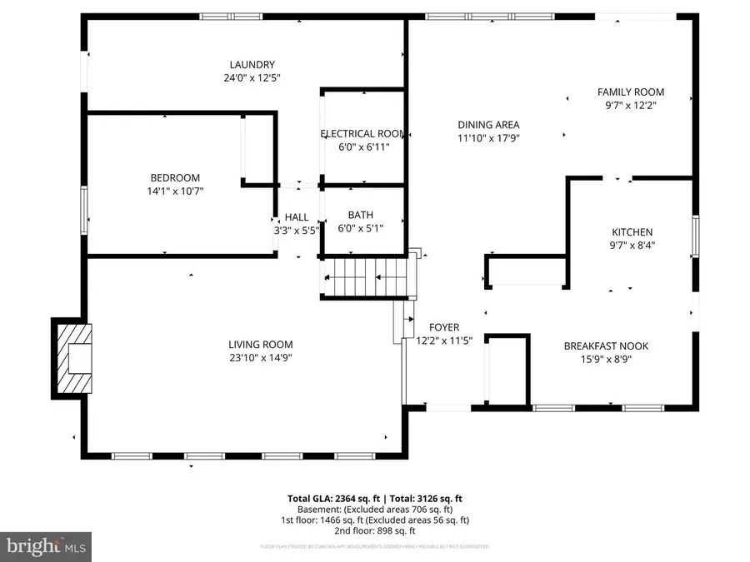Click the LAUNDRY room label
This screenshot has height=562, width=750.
252,65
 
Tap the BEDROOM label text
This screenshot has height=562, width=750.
175,177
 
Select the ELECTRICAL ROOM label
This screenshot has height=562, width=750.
362,133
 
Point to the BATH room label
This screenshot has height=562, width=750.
361,214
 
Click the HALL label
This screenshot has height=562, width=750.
297,216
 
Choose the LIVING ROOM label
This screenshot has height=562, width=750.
261,345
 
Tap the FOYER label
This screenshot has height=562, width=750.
444,327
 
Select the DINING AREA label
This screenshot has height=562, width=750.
488,125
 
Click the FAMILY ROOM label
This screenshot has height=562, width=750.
631,92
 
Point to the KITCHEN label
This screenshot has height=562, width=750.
632,232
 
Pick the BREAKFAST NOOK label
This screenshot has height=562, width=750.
606,346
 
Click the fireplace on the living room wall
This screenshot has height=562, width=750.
75,358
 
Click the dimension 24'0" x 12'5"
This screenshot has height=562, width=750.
252,78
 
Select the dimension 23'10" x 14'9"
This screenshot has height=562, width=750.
261,358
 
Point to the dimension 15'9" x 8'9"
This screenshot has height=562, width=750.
606,360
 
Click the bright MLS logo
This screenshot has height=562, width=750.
47,546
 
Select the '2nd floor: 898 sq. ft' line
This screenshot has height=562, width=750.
375,530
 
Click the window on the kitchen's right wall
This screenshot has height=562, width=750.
695,236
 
